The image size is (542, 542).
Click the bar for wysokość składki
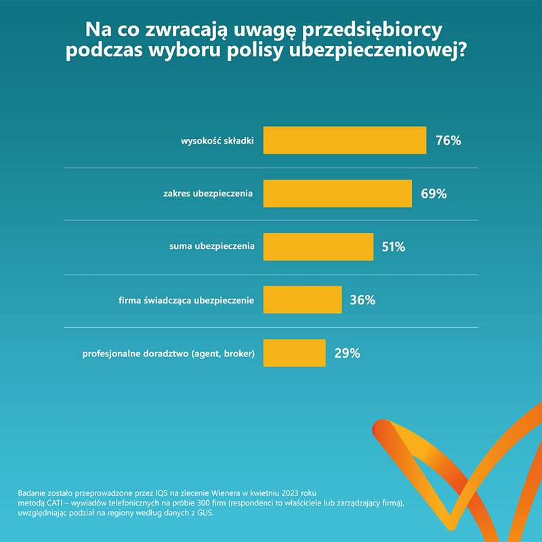tap(344, 140)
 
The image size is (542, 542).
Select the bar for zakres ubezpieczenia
tap(337, 193)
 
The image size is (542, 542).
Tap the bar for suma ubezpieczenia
tap(318, 247)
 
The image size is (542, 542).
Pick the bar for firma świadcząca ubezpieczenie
tap(302, 299)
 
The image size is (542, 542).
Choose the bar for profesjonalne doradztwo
tap(294, 353)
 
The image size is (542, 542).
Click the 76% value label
tap(449, 141)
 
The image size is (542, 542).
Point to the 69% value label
tap(434, 194)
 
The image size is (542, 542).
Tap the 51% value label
tap(393, 247)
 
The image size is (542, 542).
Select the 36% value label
tap(362, 300)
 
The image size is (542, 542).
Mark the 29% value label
tap(347, 353)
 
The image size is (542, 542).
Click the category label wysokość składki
tap(217, 141)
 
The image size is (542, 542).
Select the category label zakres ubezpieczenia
tap(209, 194)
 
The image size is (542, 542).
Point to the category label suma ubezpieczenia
tap(212, 247)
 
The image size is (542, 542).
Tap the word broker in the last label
tap(238, 354)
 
